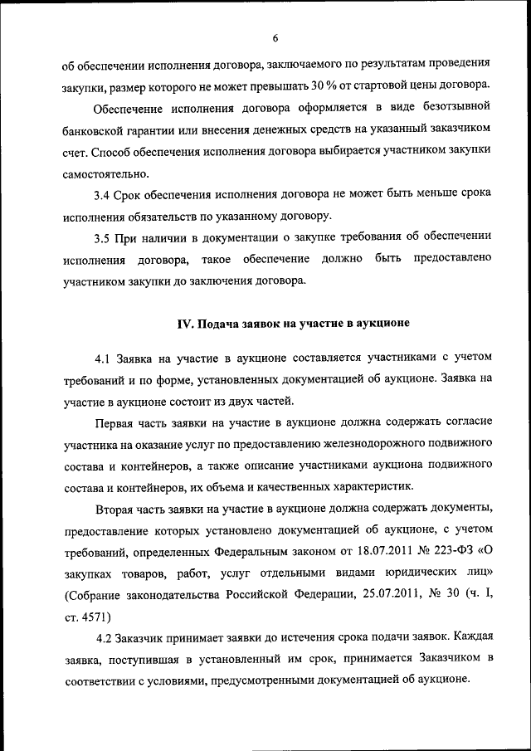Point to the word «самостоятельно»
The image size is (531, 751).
[105, 175]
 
